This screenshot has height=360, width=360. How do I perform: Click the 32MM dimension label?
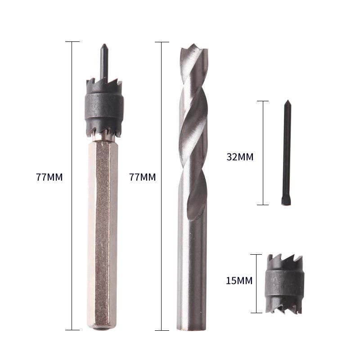pos(240,157)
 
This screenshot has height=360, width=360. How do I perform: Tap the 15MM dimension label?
pos(239,280)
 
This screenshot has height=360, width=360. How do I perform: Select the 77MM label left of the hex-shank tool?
pos(49,177)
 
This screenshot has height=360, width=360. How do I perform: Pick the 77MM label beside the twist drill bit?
pos(142,177)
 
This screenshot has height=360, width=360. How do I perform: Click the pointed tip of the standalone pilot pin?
pos(288,100)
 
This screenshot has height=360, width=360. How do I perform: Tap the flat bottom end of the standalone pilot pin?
pos(286,204)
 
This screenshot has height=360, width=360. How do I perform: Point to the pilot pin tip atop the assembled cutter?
pos(104,45)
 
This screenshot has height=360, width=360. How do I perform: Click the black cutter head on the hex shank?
pos(104,108)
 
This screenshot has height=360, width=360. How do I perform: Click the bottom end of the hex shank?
pos(102,328)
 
